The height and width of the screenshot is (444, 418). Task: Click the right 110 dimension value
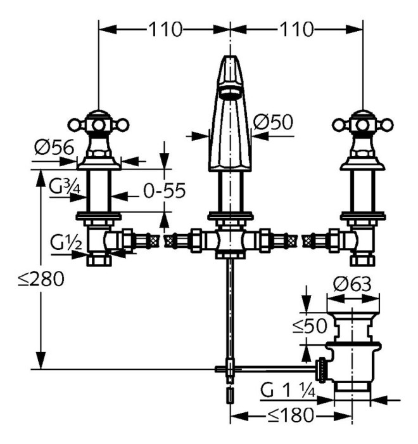pos(296,29)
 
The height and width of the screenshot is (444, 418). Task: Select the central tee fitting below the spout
pos(230,242)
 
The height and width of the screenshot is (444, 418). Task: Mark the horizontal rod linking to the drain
pos(272,367)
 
